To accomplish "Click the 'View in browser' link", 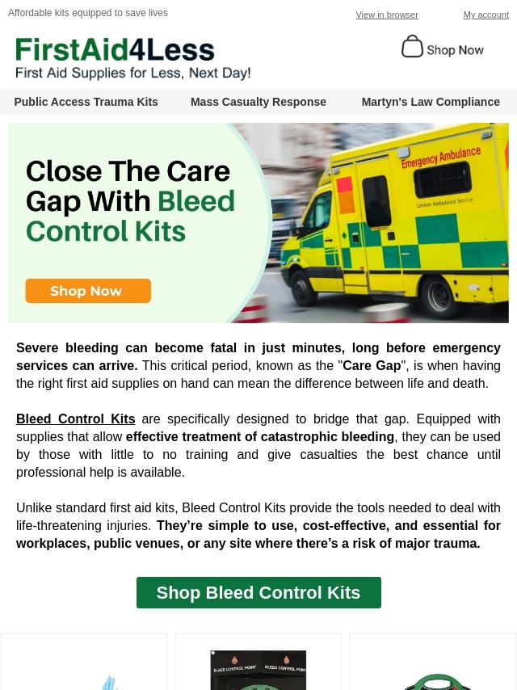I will click(387, 15).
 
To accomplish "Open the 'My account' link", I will click(485, 15).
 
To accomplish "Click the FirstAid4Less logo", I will click(115, 50).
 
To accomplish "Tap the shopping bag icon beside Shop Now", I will click(412, 47).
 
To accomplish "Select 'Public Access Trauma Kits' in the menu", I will click(86, 102).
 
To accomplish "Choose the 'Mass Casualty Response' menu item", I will click(258, 102).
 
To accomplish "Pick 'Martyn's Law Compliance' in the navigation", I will click(431, 102).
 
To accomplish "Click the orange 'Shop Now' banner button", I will click(88, 291).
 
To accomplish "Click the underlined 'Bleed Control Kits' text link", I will click(76, 419).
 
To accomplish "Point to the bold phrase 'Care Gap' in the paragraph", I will click(372, 365).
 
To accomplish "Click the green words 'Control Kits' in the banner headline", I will click(106, 231).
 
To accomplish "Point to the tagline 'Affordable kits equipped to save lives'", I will click(88, 13).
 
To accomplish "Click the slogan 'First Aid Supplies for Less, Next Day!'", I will click(133, 73).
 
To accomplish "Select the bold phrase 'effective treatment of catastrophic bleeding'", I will click(260, 436).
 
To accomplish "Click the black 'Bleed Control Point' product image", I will click(258, 670).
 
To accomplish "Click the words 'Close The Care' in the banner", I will click(128, 171).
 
